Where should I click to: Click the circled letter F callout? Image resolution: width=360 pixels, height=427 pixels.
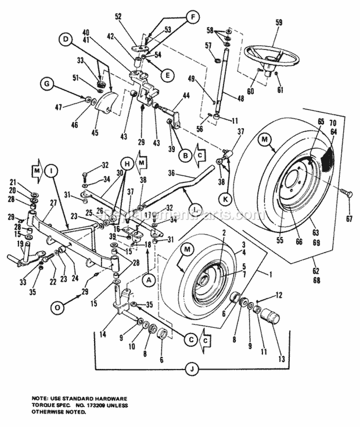pyautogui.click(x=192, y=18)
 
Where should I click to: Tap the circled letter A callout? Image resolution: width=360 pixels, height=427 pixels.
pyautogui.click(x=148, y=278)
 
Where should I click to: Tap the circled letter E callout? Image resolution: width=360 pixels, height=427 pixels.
pyautogui.click(x=167, y=74)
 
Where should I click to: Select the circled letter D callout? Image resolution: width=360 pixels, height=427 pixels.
pyautogui.click(x=66, y=38)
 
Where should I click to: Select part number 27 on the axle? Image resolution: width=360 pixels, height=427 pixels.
pyautogui.click(x=53, y=203)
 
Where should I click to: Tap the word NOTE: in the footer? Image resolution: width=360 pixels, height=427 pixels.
pyautogui.click(x=34, y=385)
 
